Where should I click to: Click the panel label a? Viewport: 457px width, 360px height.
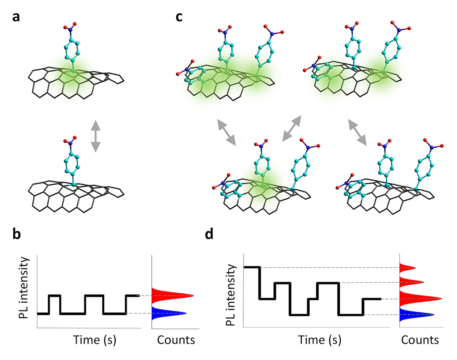(x=16, y=17)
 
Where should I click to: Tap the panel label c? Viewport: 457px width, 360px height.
(x=179, y=17)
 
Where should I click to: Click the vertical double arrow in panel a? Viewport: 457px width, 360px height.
(x=96, y=136)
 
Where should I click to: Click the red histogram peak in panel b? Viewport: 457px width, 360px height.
(x=172, y=295)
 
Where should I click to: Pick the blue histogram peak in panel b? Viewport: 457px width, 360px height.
(x=168, y=313)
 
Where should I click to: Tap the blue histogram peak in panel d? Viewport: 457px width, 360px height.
(x=416, y=315)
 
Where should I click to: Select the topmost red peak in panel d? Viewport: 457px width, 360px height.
(x=407, y=268)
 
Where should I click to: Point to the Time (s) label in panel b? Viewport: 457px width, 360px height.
(x=95, y=340)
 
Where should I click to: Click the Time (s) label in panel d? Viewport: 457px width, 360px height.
(x=320, y=340)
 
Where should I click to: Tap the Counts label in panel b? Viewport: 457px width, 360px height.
(x=176, y=340)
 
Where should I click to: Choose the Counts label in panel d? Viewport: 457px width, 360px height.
(x=420, y=340)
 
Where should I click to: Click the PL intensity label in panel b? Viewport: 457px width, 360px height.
(x=23, y=288)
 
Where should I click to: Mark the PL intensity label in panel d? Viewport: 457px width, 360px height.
(x=231, y=295)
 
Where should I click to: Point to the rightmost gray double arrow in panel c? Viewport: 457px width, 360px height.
(x=358, y=132)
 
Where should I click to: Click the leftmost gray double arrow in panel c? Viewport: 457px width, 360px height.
(x=227, y=132)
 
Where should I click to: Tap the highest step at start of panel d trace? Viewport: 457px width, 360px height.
(x=252, y=267)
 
